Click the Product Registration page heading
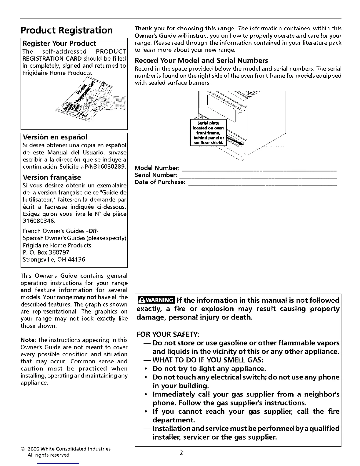coord(66,30)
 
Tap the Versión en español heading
coord(55,137)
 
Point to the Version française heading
coord(52,177)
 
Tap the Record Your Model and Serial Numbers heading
coord(201,61)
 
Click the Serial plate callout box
coord(208,133)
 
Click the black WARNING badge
coord(156,301)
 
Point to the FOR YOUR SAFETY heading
coord(168,334)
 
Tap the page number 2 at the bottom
coord(181,453)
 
